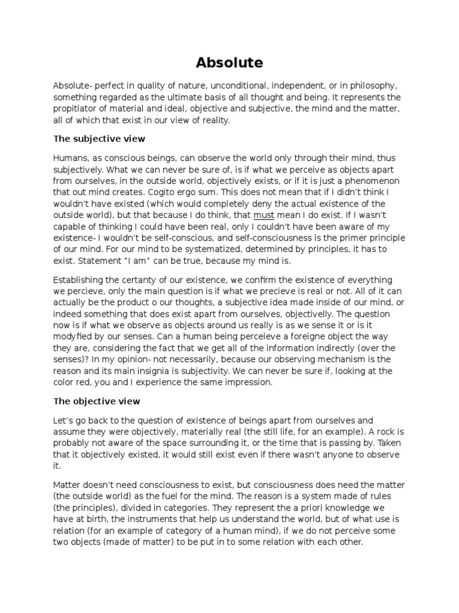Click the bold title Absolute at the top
[x=229, y=63]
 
